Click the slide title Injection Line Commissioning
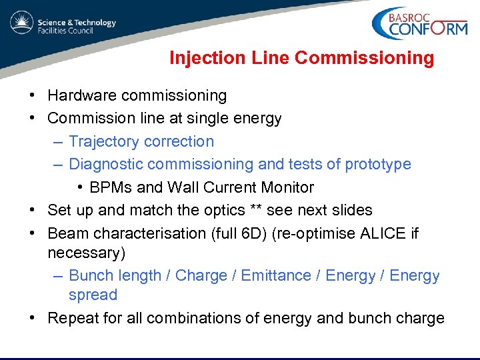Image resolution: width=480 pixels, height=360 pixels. (301, 58)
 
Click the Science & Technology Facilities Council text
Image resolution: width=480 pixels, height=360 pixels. (76, 27)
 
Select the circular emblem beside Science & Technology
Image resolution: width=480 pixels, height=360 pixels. (21, 24)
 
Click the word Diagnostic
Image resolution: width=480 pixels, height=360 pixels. (106, 164)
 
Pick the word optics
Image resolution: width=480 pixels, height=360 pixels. (225, 210)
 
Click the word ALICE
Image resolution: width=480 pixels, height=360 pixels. (383, 233)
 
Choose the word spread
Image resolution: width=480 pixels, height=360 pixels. (93, 295)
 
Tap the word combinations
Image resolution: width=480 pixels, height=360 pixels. (203, 319)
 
